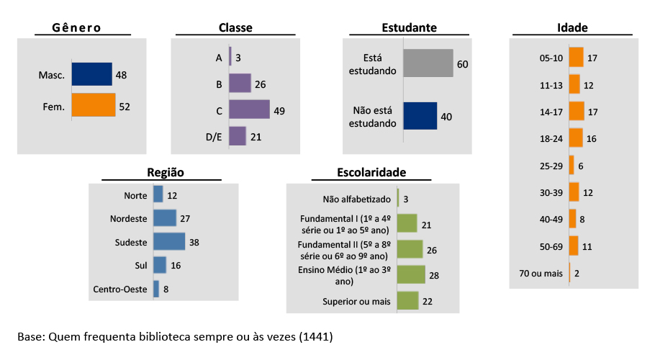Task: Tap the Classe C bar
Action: point(249,109)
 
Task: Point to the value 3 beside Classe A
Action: point(238,58)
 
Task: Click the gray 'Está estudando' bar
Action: point(428,63)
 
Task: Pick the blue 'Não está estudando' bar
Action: point(420,116)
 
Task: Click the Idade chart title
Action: point(572,27)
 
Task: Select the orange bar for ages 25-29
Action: point(572,165)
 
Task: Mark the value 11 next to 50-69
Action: point(587,246)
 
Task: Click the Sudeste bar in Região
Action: point(169,242)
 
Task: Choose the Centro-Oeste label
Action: point(120,289)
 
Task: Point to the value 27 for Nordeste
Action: point(186,218)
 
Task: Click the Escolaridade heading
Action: point(371,172)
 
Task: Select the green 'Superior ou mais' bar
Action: point(407,301)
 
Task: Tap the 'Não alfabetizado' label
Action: point(356,199)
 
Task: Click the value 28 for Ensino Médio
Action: point(434,275)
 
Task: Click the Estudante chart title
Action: point(409,27)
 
